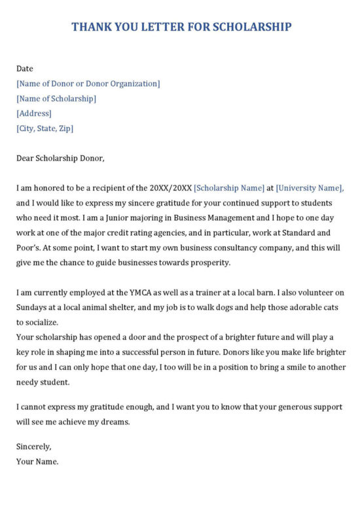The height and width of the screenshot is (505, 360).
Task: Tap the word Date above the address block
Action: click(25, 68)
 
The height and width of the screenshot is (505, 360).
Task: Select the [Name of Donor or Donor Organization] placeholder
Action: click(88, 83)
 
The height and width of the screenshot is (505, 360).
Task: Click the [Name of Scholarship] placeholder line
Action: click(56, 98)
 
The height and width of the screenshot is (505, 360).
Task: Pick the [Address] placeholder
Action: click(34, 113)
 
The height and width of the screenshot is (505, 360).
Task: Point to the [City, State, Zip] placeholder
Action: click(45, 128)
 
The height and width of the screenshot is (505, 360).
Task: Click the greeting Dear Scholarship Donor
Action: click(60, 158)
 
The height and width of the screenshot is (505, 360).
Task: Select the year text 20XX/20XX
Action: click(170, 188)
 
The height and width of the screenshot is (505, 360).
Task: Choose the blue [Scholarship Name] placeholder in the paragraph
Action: click(230, 188)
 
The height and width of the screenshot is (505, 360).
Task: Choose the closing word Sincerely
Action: click(33, 447)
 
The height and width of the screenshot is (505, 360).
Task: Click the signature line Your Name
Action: click(37, 461)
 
